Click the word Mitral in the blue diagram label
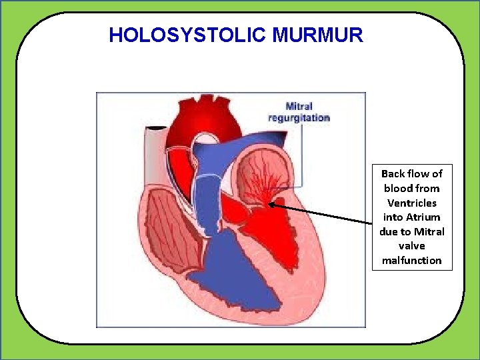299,106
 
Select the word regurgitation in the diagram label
299,118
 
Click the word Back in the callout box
393,173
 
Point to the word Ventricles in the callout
411,203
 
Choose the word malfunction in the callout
411,260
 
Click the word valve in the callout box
411,246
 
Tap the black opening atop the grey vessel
157,127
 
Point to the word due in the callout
389,231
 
